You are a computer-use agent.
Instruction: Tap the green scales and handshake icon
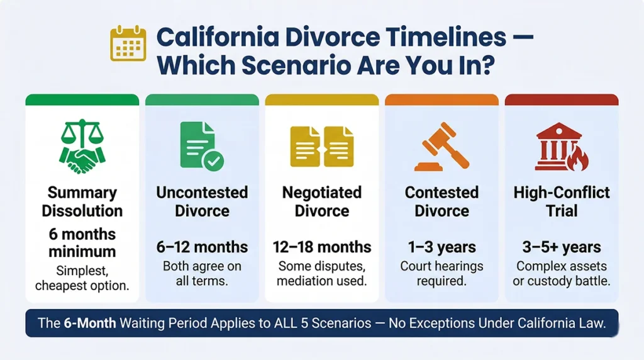tap(82, 143)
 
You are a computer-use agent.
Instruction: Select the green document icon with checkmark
tap(201, 145)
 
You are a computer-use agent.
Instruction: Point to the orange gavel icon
tap(441, 146)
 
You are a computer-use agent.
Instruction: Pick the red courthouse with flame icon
tap(561, 145)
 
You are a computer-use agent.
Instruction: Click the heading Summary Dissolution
tap(82, 201)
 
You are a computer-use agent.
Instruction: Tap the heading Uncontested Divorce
tap(202, 201)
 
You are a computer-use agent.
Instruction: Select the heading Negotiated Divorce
tap(322, 201)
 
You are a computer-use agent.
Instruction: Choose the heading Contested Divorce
tap(441, 201)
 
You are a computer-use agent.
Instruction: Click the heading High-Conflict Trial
tap(562, 201)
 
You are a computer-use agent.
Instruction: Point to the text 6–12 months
tap(202, 247)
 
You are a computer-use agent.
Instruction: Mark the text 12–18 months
tap(322, 247)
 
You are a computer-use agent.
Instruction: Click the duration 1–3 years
tap(441, 247)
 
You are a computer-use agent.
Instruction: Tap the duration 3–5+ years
tap(562, 247)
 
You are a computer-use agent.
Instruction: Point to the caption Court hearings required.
tap(441, 273)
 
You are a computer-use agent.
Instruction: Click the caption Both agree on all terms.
tap(202, 273)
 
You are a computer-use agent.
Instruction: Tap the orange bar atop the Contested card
tap(441, 99)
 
